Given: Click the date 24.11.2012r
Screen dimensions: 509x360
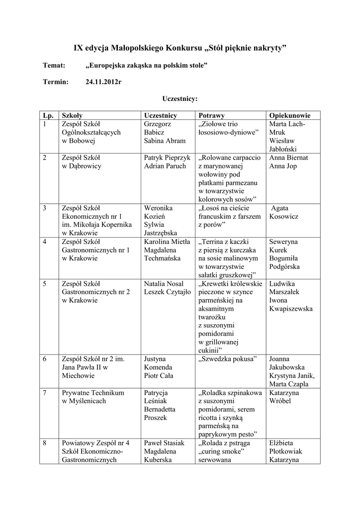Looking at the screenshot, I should [x=103, y=82].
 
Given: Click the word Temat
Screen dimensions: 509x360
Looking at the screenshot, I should [x=54, y=65].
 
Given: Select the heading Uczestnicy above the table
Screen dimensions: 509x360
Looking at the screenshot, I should [x=180, y=98].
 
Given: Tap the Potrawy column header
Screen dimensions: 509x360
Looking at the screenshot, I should [x=211, y=115].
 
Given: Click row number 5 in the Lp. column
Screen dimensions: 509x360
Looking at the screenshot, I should [x=45, y=284].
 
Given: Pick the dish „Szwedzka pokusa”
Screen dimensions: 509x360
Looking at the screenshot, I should [x=227, y=358].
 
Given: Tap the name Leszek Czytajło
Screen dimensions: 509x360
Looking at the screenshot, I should [x=168, y=292].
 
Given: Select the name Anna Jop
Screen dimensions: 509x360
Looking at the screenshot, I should [x=283, y=166].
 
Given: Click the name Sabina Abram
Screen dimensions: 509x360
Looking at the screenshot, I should [x=165, y=141].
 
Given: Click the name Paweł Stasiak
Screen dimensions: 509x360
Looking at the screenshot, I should [x=164, y=443].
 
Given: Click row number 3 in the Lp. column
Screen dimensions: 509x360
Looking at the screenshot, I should [x=45, y=208].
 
